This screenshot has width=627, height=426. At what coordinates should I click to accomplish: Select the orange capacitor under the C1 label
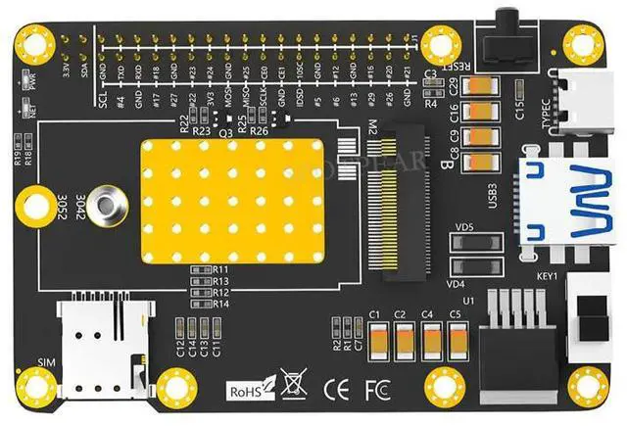374,340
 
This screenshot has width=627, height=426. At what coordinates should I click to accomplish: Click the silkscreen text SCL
103,100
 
